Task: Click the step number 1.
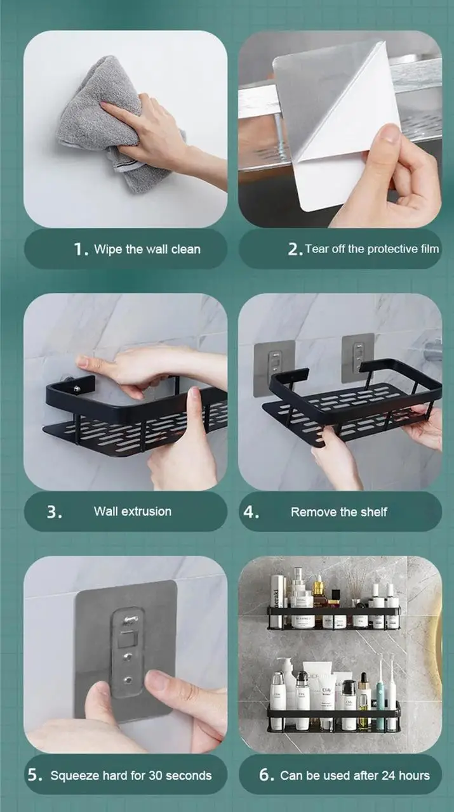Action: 81,249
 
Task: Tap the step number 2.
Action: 295,249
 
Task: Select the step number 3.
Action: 54,512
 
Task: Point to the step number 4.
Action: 251,512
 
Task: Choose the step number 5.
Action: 35,775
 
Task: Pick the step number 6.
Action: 267,775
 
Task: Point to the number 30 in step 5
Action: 156,775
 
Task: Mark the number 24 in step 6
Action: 388,775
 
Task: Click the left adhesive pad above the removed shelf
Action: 274,368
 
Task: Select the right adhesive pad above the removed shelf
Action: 358,357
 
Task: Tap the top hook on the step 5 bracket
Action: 130,620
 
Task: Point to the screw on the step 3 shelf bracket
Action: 77,389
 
